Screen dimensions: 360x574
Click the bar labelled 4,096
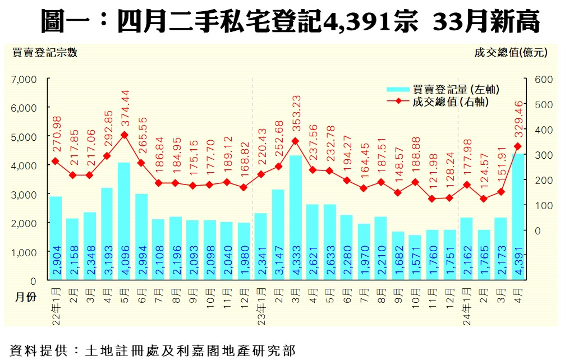(x=124, y=221)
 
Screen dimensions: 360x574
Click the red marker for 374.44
(x=124, y=135)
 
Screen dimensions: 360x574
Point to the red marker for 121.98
(x=431, y=199)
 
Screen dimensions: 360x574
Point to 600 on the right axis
(x=544, y=80)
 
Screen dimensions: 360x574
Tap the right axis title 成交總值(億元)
(x=511, y=53)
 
